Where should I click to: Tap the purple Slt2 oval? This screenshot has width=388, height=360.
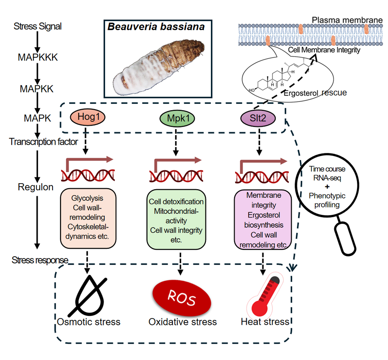point(259,118)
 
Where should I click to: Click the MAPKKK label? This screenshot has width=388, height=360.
point(37,58)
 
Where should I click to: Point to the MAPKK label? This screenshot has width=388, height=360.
point(36,89)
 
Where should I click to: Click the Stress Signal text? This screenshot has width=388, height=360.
point(37,26)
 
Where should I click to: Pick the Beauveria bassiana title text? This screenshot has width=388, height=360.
point(156,27)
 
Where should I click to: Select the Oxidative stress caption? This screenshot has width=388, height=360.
point(182,322)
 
